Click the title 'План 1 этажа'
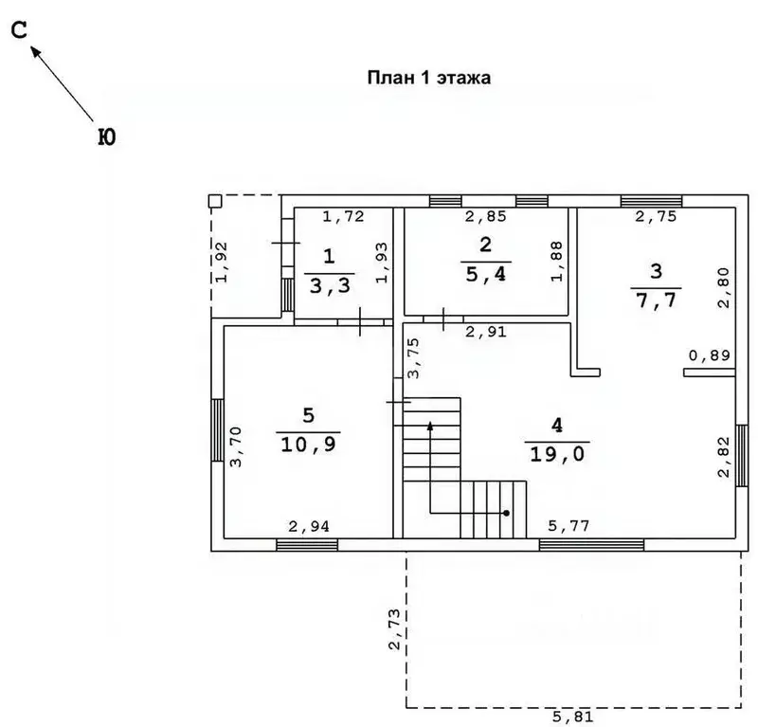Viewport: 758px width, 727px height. click(429, 78)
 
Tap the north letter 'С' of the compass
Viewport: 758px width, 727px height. click(19, 31)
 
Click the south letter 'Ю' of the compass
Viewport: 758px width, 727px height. click(107, 137)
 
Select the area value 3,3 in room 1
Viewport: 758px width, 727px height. click(330, 286)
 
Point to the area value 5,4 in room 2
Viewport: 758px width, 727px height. click(486, 274)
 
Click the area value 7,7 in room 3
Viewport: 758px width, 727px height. click(656, 300)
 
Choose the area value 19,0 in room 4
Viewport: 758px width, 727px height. click(557, 454)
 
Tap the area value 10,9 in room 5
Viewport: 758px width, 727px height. click(309, 444)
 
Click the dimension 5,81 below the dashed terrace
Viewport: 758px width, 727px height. click(573, 717)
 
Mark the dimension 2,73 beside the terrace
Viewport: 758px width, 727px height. click(395, 628)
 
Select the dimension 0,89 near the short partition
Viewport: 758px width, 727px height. click(709, 355)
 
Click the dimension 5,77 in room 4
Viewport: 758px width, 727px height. click(568, 525)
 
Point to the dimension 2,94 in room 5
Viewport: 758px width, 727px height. click(309, 526)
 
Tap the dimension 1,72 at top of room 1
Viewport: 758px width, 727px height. click(343, 216)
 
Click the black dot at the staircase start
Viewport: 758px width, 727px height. click(506, 513)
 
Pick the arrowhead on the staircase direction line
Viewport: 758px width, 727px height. click(430, 426)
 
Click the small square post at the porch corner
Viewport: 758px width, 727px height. click(215, 201)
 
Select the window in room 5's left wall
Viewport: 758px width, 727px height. click(218, 430)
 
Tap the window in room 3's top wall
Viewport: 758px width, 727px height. click(651, 201)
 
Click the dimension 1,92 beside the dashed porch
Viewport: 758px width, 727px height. click(222, 262)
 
